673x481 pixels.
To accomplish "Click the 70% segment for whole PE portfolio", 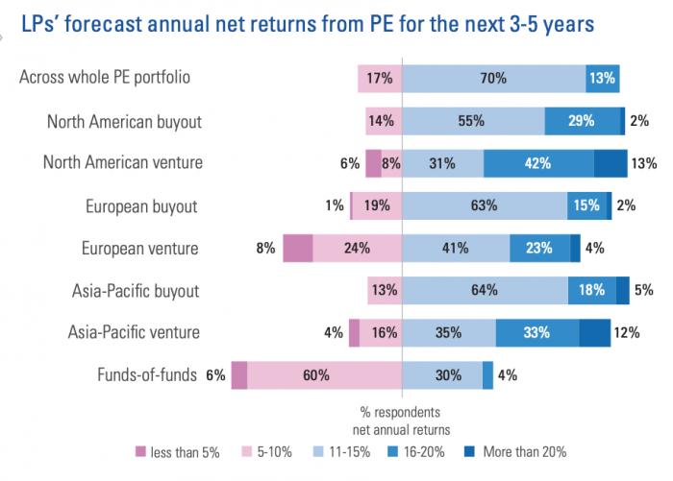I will click(x=493, y=79).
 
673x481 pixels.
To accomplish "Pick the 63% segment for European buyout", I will click(x=485, y=205).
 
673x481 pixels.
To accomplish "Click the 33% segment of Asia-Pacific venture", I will click(x=536, y=333).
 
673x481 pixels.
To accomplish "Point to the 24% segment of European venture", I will click(x=358, y=248).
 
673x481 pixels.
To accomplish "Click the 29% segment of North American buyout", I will click(x=582, y=121).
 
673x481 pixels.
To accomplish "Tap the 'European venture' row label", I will click(x=140, y=248).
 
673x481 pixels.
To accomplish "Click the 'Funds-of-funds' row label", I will click(x=148, y=375).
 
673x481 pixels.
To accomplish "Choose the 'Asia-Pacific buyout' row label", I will click(x=136, y=290).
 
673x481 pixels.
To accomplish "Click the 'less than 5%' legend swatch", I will click(x=139, y=451).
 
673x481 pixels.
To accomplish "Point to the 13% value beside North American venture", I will click(x=643, y=163).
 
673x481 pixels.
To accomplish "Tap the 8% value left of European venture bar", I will click(x=265, y=248).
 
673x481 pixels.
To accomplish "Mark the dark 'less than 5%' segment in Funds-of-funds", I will click(x=239, y=375).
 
